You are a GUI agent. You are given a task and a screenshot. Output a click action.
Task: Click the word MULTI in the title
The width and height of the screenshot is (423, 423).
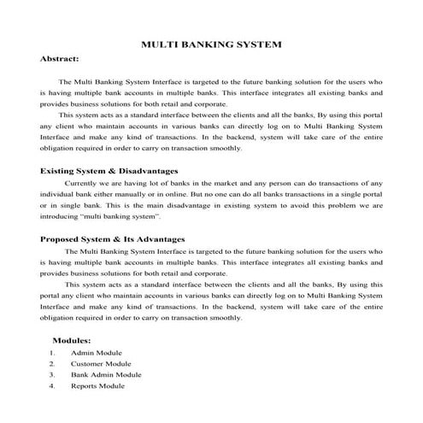tap(156, 43)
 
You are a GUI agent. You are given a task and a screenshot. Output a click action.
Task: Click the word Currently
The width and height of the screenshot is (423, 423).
tap(81, 184)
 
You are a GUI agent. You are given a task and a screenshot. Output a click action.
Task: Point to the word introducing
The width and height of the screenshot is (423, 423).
tap(61, 218)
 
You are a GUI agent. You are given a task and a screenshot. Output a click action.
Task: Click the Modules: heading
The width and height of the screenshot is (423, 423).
tap(71, 340)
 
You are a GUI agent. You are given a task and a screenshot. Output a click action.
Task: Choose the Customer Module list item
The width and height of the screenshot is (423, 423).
tap(101, 363)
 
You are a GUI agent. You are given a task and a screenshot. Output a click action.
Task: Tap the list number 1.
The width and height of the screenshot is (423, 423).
tap(52, 352)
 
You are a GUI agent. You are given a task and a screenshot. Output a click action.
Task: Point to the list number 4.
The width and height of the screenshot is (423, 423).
tap(52, 385)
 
